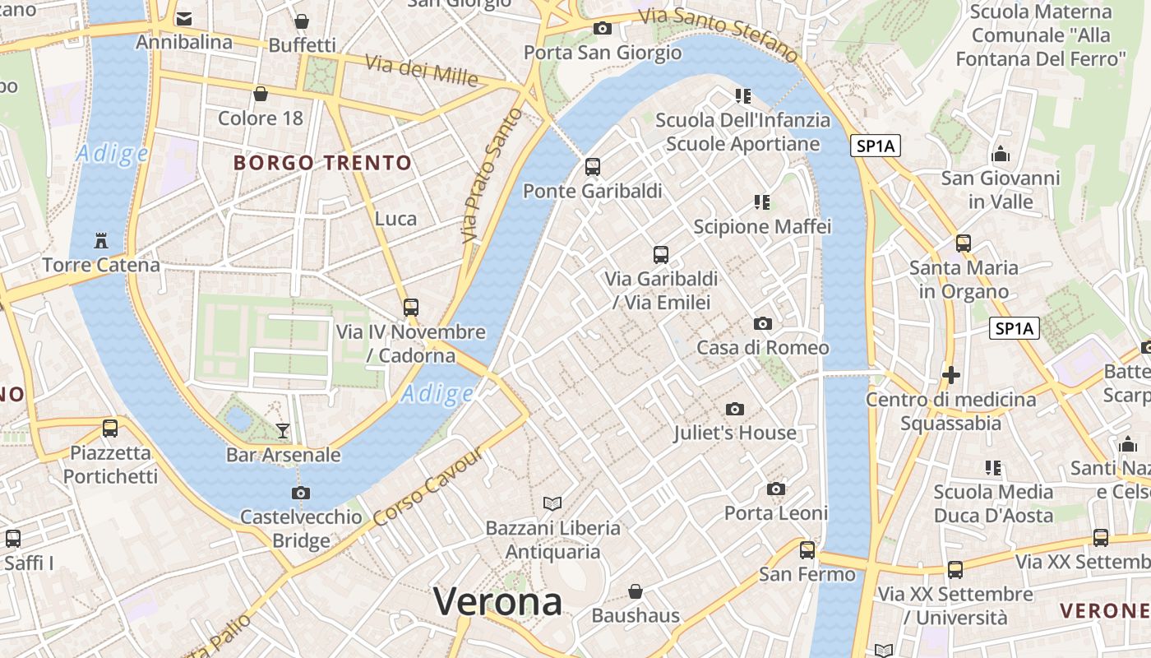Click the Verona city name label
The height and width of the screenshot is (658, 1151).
[497, 601]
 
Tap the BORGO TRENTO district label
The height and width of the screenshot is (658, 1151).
[322, 163]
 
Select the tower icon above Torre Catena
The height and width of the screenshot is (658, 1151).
[101, 241]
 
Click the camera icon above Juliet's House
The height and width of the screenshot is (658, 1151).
[735, 409]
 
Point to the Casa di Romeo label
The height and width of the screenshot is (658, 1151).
[763, 347]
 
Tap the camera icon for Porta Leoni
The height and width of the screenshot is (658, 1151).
[775, 489]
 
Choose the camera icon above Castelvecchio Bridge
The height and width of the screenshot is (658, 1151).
[301, 493]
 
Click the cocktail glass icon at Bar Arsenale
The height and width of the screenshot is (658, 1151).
[283, 430]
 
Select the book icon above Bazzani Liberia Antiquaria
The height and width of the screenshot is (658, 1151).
[552, 503]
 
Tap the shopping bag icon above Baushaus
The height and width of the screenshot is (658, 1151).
[635, 591]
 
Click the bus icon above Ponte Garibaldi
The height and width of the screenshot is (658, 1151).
[592, 168]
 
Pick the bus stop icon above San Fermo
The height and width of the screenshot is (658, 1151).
[807, 549]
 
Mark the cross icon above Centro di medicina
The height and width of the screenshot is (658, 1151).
[951, 376]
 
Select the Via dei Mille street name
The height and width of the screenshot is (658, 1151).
[421, 71]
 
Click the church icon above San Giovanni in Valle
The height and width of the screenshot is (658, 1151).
[1001, 154]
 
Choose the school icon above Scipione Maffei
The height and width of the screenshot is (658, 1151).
[762, 202]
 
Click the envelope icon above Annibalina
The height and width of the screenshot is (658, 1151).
[184, 18]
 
